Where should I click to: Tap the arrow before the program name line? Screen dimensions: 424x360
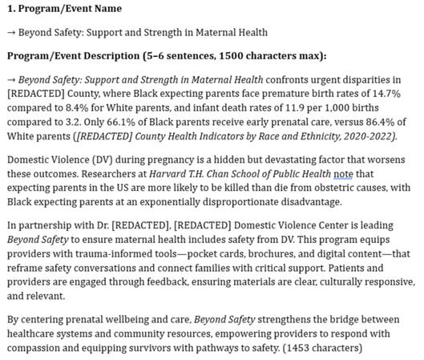click(x=11, y=32)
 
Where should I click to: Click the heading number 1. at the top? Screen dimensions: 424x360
click(x=10, y=9)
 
